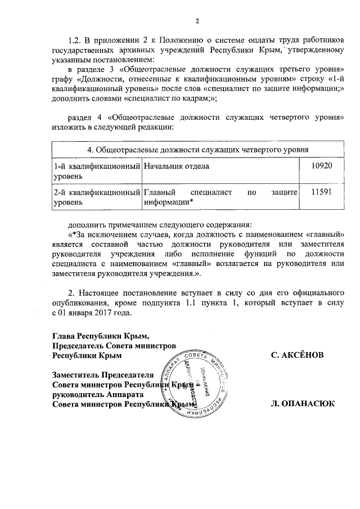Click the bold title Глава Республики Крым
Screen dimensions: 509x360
[101, 336]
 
